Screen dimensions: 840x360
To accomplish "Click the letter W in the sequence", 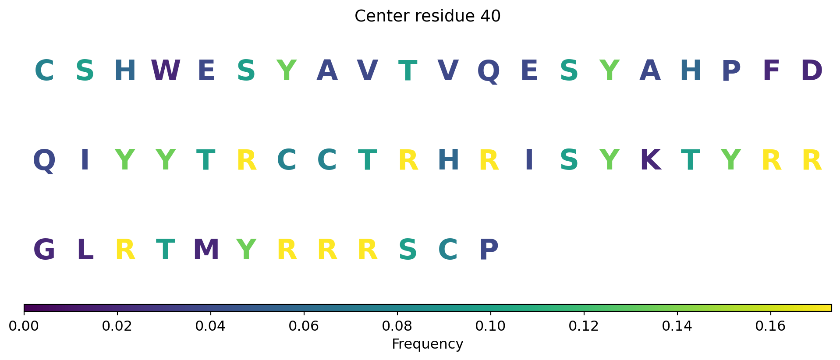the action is [x=166, y=71].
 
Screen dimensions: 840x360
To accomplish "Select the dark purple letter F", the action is [x=771, y=71].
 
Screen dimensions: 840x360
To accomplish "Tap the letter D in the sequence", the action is [x=812, y=71].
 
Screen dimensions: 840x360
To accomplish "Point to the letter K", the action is [x=650, y=160].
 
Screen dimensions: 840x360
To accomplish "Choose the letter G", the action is [x=44, y=250].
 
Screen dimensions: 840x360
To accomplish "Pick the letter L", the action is [x=85, y=250].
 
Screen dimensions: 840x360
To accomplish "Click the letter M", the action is [x=206, y=250].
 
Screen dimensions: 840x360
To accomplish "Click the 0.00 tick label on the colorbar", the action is [x=24, y=326].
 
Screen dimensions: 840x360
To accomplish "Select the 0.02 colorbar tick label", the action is [x=117, y=326].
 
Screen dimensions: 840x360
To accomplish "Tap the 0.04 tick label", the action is [x=210, y=326].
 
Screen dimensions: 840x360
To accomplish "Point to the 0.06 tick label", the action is [x=304, y=326].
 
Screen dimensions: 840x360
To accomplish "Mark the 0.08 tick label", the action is [x=397, y=326].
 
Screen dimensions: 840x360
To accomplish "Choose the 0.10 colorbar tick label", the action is [x=490, y=326].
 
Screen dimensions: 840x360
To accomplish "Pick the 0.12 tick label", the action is [x=584, y=326].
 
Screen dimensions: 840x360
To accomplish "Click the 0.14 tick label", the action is [x=677, y=326].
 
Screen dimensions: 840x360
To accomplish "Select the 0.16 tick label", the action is [x=770, y=326].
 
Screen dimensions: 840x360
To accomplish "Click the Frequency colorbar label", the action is [x=427, y=344].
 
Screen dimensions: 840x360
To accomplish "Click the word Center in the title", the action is [x=376, y=16].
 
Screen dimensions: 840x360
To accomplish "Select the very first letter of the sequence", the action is [x=44, y=71].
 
